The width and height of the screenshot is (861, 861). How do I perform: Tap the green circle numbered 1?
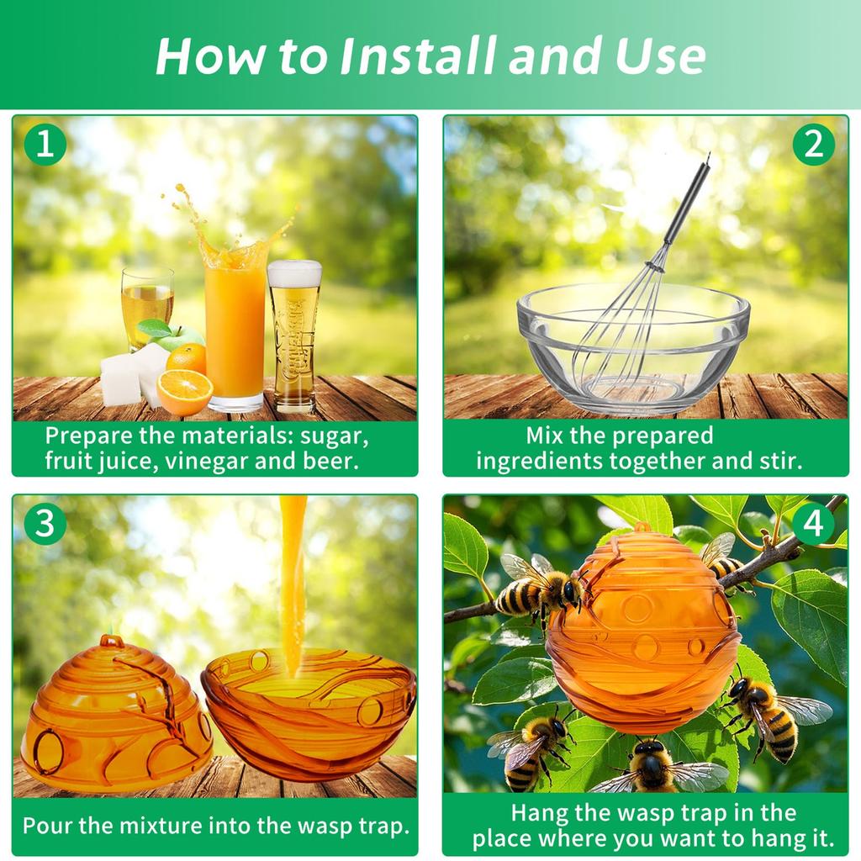[45, 145]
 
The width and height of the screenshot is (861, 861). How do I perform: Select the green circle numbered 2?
[813, 145]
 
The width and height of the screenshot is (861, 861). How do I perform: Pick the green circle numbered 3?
[45, 523]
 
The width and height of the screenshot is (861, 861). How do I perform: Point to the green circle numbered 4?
[813, 523]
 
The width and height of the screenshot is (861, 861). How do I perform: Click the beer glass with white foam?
[294, 336]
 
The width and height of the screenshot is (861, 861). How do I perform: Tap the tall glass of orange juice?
[235, 330]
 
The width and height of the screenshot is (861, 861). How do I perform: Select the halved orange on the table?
[184, 392]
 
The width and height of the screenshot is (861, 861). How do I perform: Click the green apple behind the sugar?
[175, 335]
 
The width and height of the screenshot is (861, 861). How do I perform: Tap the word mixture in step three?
[161, 826]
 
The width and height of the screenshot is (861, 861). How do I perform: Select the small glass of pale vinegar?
[146, 308]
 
